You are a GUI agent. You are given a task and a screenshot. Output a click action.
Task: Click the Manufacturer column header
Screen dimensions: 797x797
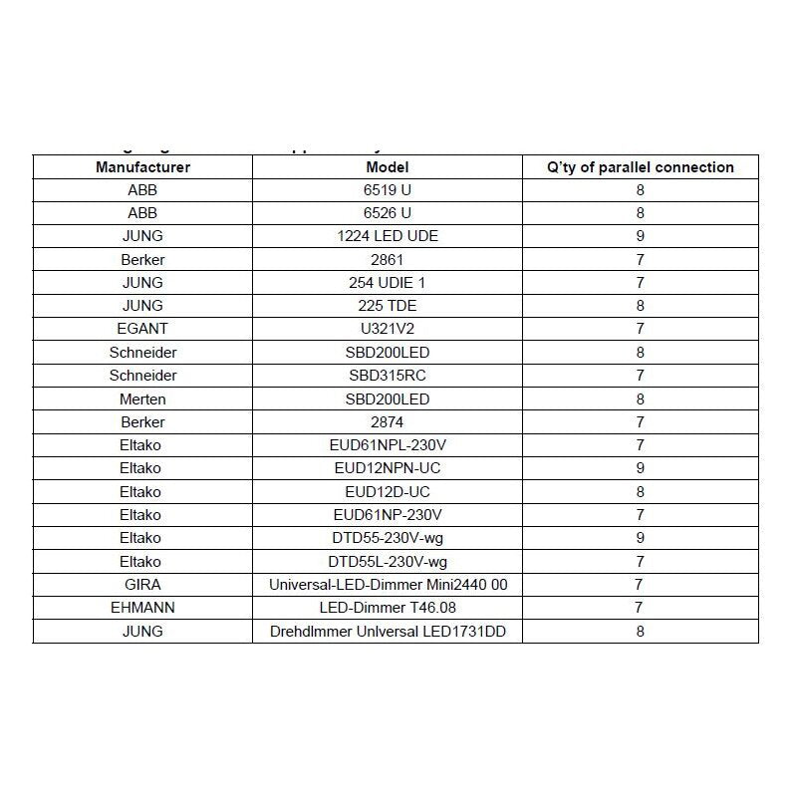(x=142, y=167)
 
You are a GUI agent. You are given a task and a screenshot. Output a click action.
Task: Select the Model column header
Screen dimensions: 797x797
(x=387, y=167)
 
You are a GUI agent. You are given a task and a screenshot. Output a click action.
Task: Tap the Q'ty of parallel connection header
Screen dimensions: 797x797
(x=641, y=167)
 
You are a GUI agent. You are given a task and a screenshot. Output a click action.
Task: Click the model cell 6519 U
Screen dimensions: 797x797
(x=387, y=189)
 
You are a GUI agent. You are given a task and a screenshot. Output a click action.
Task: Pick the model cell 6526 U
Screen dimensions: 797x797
(x=387, y=213)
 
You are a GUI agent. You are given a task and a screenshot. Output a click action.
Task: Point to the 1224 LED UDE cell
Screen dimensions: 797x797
(x=387, y=236)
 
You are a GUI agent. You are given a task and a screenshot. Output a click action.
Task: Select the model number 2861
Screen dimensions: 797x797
(x=387, y=259)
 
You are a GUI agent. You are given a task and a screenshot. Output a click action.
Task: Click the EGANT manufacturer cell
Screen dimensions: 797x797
(x=142, y=329)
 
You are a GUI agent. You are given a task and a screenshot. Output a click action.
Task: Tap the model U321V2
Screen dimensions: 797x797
(x=387, y=329)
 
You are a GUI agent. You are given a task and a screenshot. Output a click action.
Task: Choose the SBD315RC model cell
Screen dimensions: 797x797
(x=387, y=376)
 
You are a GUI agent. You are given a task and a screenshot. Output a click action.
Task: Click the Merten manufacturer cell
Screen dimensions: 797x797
(x=142, y=398)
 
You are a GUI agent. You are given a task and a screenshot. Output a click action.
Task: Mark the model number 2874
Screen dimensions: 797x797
(x=387, y=422)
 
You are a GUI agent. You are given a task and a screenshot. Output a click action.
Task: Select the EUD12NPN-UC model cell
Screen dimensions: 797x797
(x=387, y=468)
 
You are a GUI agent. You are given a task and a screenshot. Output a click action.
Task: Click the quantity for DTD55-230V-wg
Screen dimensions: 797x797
(x=641, y=538)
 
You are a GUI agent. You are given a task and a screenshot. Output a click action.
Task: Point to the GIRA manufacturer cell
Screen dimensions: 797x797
(x=142, y=585)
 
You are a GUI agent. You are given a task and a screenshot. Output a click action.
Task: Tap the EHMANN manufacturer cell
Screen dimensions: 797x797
(x=142, y=608)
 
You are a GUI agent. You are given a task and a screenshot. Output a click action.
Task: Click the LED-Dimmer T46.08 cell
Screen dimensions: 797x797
(x=387, y=608)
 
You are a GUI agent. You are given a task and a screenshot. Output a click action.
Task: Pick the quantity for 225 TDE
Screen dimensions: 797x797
(x=641, y=306)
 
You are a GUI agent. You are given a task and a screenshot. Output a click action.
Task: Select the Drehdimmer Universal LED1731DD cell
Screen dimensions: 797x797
(x=387, y=632)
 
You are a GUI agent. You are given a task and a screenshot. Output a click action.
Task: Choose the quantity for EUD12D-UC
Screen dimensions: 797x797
(x=641, y=492)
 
